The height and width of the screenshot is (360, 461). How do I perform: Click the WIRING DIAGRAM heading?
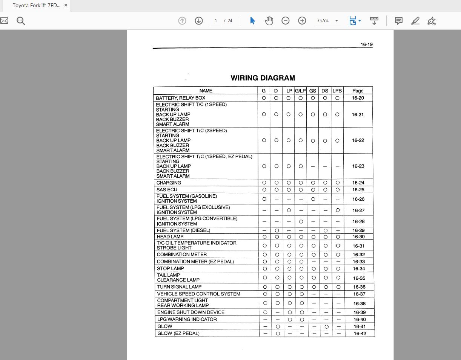[263, 78]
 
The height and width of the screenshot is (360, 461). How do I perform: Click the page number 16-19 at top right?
[366, 44]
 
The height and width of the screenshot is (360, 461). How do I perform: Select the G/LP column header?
[300, 91]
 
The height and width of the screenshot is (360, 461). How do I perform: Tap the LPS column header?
[337, 91]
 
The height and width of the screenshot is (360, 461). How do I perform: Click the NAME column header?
[206, 91]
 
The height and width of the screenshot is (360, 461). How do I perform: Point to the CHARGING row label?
[169, 183]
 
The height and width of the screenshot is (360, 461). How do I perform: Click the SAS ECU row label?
[167, 189]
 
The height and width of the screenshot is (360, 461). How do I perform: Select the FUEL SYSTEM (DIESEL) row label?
[183, 230]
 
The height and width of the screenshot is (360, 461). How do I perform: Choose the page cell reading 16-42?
[360, 334]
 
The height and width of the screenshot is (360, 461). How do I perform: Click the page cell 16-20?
[358, 98]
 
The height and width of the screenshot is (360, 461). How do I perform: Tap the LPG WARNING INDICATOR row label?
[187, 319]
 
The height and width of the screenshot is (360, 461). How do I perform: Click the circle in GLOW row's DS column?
[326, 326]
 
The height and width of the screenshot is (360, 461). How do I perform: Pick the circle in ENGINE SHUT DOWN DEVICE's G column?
[265, 312]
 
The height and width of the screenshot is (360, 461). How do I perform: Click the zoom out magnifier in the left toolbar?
[21, 21]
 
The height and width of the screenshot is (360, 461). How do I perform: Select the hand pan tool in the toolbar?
[269, 21]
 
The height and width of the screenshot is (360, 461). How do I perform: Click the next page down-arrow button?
[199, 21]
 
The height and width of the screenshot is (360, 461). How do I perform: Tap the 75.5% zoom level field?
[323, 21]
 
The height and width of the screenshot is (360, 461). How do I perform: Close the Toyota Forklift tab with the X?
[66, 5]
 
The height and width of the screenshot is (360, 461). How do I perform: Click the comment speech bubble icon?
[398, 21]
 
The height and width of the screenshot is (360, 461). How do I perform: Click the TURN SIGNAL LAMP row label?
[179, 287]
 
